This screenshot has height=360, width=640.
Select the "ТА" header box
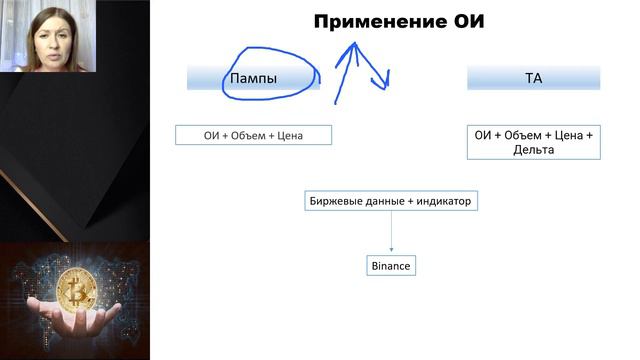[x=533, y=78]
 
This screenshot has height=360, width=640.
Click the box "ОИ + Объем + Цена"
[x=252, y=135]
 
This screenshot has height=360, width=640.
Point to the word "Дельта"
[x=533, y=149]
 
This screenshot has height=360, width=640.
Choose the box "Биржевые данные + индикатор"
[x=391, y=202]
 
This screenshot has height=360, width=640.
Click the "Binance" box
[x=391, y=266]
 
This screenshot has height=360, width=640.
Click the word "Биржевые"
[x=334, y=202]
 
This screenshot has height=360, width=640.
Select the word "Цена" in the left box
[x=309, y=135]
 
